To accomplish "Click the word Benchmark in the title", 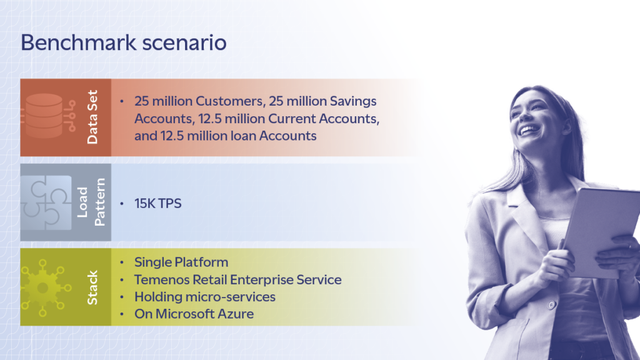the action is point(78,42).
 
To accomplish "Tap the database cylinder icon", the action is point(45,116).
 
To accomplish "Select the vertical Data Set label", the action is point(92,117).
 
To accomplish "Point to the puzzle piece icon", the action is point(46,202).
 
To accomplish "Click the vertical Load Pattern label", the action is point(91,202).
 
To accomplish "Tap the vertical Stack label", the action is point(92,287).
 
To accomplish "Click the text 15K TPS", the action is point(158,203).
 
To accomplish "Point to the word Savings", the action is point(353,101).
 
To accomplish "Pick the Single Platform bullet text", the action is point(181,262).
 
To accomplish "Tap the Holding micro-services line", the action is point(205,297).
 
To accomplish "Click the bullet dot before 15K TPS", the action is point(122,203).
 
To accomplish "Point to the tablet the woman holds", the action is point(600,232).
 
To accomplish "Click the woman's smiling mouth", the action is point(529,130).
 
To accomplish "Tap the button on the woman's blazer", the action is point(551,304).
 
